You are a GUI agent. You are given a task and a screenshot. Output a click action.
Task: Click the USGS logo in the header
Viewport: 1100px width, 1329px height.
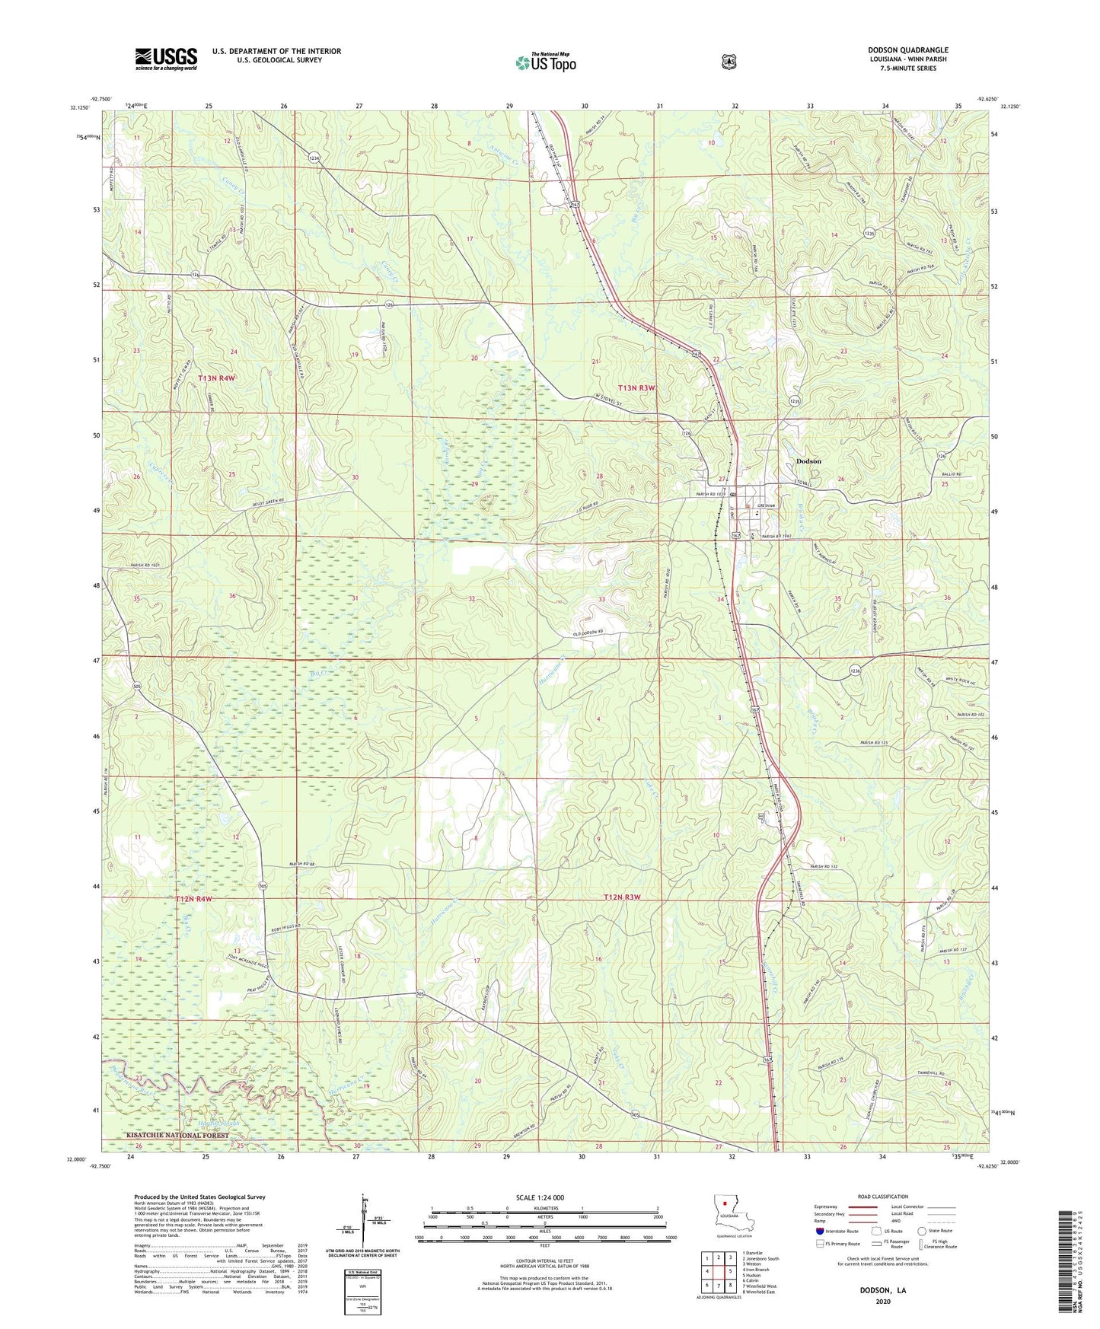click(x=166, y=59)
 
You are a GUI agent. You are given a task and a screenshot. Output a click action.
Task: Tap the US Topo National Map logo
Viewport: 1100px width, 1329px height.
click(x=545, y=62)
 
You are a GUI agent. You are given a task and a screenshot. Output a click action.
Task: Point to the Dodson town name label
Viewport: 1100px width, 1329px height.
click(x=808, y=461)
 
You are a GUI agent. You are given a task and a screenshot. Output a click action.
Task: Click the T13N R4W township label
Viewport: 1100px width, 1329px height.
click(x=217, y=378)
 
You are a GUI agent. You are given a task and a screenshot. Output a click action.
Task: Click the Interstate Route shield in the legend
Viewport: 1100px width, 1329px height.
click(x=820, y=1231)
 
